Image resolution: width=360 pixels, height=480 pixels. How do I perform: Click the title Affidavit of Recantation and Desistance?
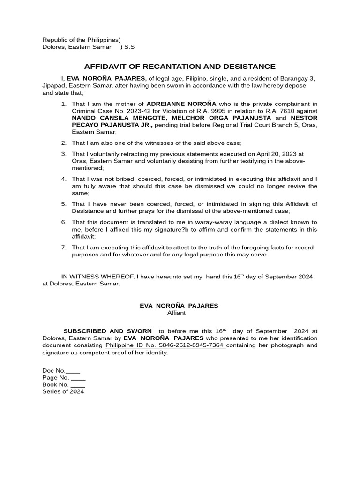coord(180,67)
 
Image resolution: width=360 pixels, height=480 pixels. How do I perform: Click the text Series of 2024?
coord(63,391)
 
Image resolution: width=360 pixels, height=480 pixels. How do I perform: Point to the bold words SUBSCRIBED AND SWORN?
coord(107,331)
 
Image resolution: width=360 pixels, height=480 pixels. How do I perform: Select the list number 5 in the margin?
coord(64,204)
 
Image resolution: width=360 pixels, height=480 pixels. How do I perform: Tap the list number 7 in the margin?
coord(64,247)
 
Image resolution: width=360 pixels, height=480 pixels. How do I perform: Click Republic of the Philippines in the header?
coord(81,40)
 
